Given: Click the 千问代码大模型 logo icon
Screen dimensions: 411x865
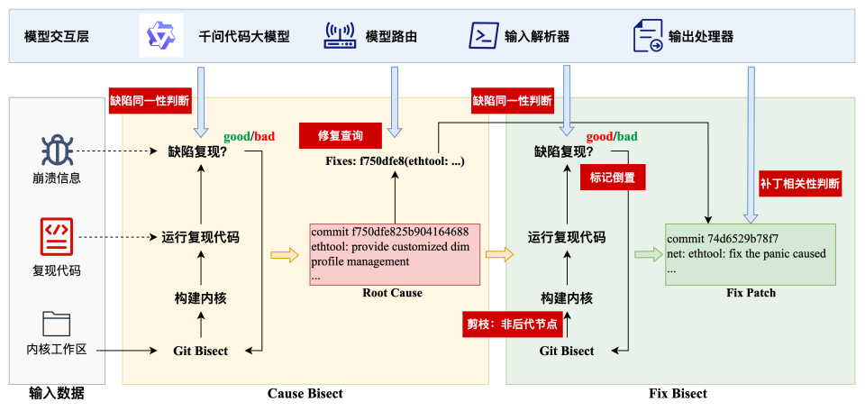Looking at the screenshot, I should click(160, 36).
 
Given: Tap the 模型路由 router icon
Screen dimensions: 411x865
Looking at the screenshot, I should click(341, 36).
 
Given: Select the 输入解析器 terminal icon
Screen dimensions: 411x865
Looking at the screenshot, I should click(484, 36).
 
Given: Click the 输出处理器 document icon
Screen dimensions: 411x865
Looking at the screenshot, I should click(648, 36).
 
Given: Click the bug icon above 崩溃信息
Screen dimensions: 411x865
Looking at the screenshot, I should click(56, 151).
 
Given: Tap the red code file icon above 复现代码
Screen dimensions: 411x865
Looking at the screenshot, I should click(56, 237).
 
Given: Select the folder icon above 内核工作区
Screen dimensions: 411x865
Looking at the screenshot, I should click(56, 323).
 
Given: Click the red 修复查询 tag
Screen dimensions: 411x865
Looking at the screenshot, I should click(341, 135).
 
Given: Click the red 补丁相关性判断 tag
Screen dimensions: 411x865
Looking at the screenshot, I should click(800, 184).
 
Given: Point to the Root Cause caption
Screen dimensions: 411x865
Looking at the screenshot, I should click(392, 293).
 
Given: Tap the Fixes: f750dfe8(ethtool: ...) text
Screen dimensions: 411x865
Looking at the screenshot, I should click(395, 160).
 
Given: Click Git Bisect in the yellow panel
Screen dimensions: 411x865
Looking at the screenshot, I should click(200, 351).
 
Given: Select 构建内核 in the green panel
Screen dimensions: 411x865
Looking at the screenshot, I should click(566, 297).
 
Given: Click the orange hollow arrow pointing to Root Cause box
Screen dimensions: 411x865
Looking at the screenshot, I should click(284, 256).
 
